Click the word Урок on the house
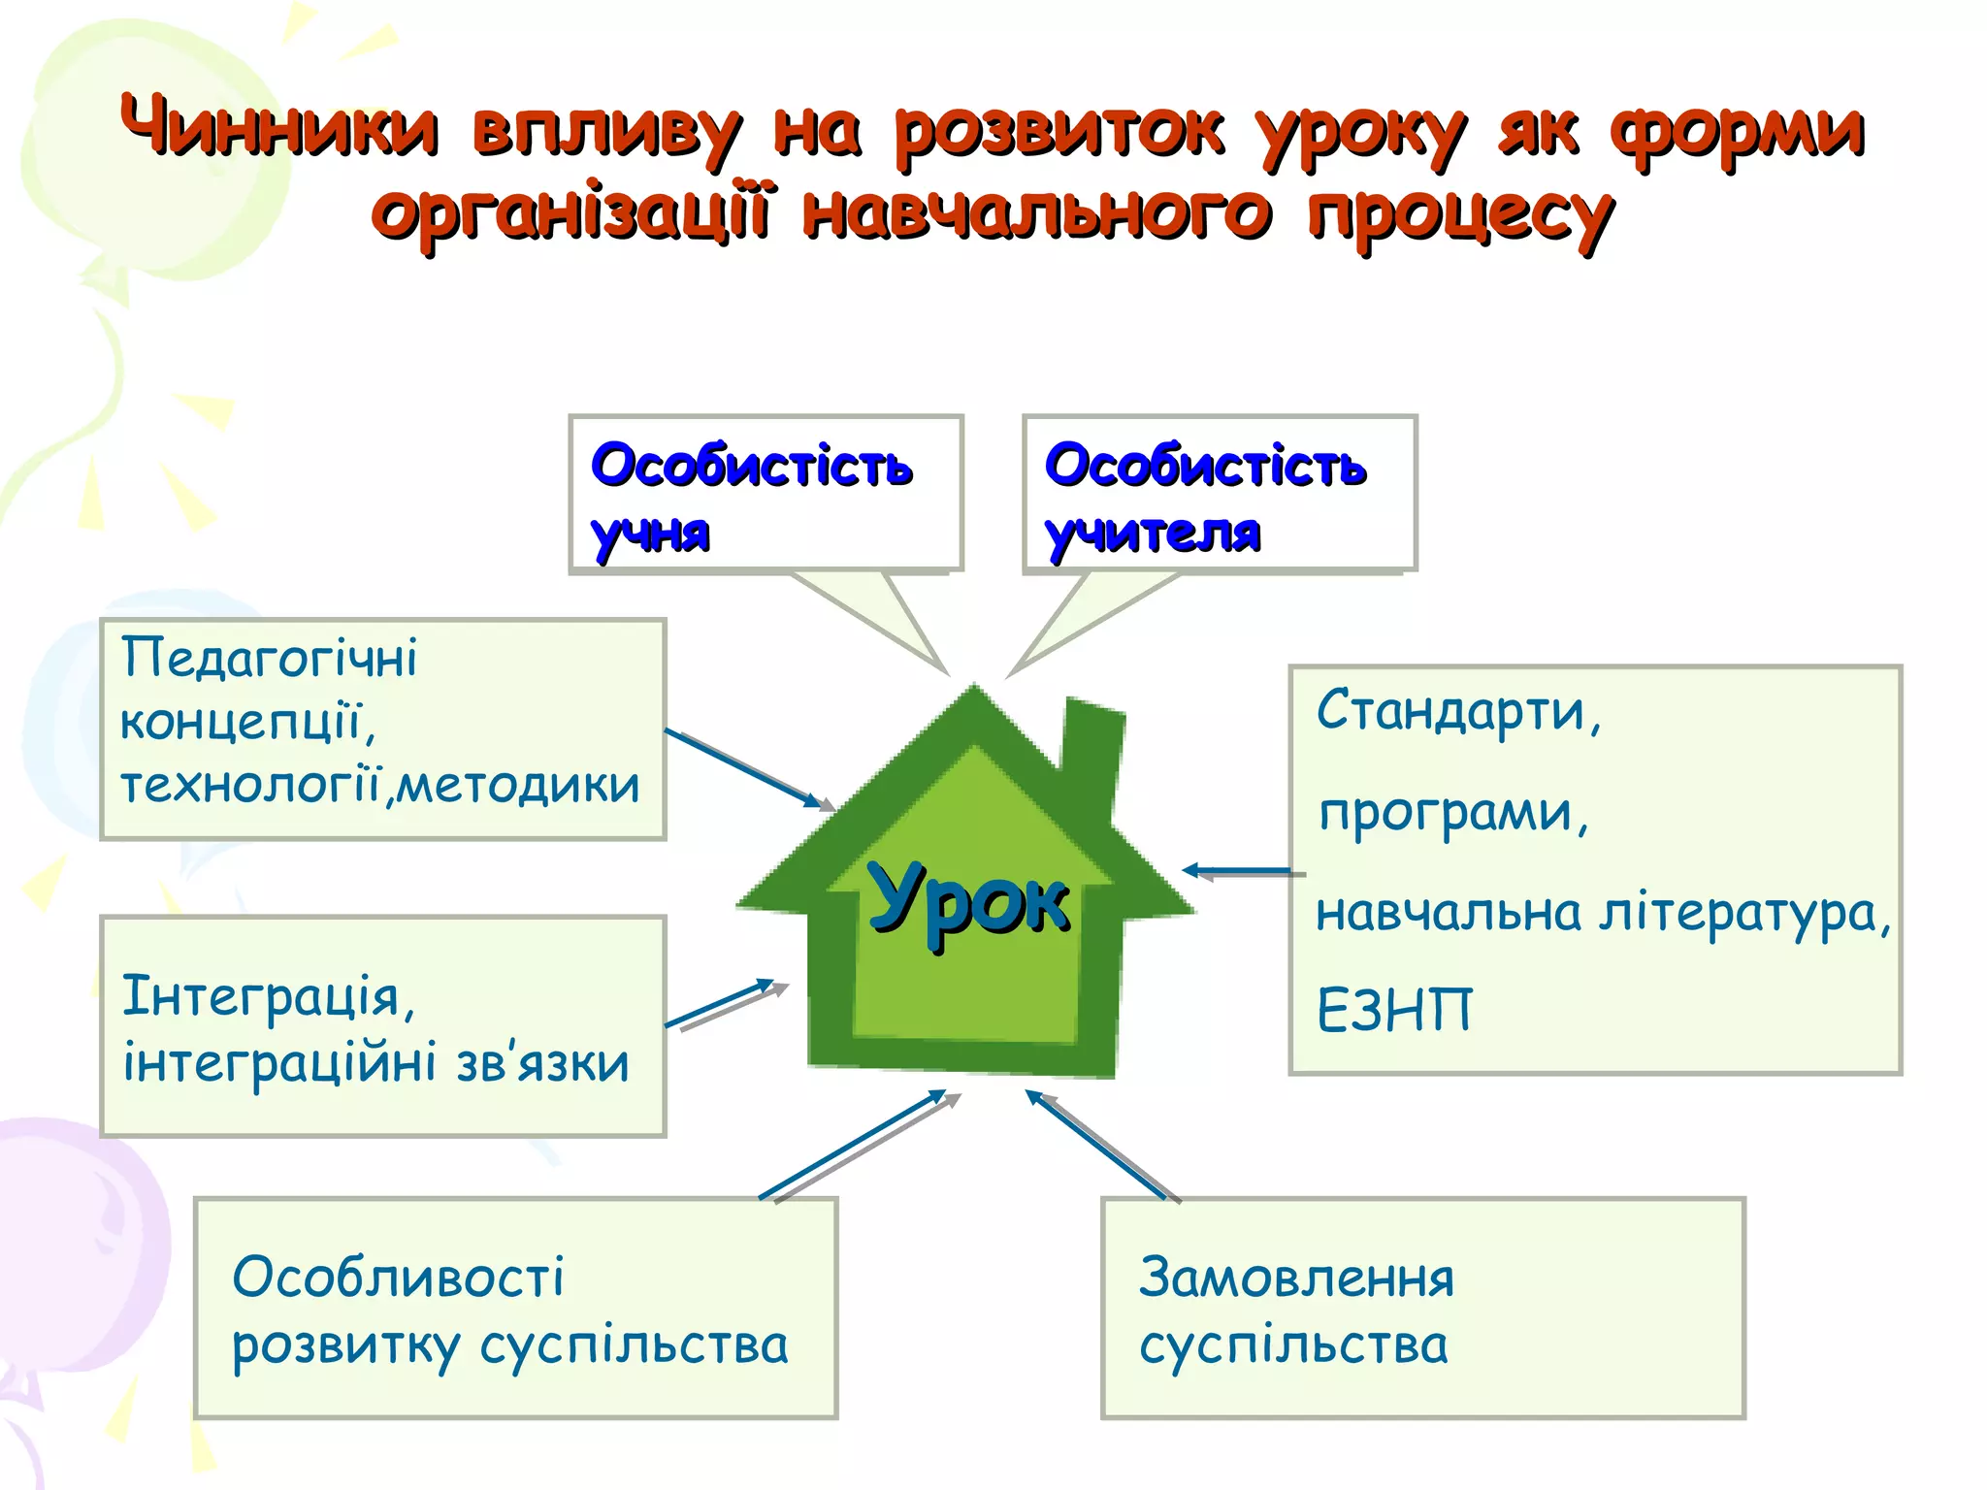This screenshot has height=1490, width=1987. point(968,901)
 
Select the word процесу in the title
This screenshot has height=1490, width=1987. point(1461,214)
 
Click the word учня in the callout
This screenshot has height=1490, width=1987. point(650,533)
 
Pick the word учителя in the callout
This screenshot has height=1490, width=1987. point(1153,533)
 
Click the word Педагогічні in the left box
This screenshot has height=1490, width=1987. point(269,658)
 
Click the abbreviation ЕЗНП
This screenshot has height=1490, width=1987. point(1393,1010)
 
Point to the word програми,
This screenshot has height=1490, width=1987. point(1453,812)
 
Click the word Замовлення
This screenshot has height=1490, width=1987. point(1296,1278)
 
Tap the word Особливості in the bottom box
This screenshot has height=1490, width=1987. point(398,1278)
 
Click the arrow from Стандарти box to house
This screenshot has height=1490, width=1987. point(1242,871)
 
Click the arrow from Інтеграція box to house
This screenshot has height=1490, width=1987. point(723,1004)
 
